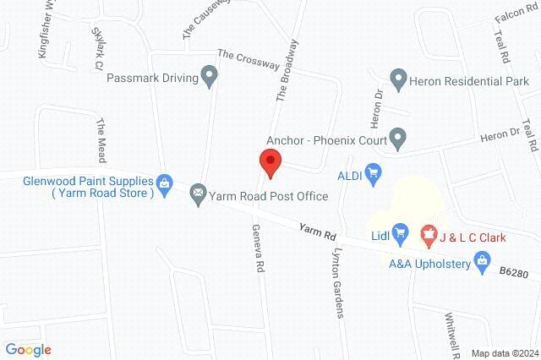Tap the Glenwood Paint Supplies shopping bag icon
(x=165, y=181)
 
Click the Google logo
(x=28, y=349)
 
